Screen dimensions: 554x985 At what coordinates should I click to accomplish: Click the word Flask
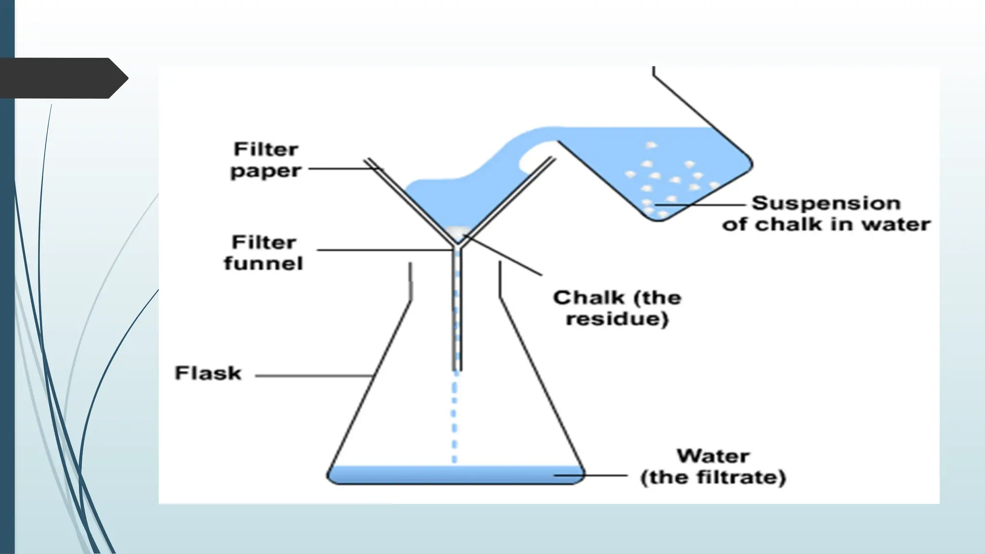208,373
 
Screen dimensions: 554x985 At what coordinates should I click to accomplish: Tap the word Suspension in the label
826,203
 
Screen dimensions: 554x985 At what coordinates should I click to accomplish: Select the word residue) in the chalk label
617,319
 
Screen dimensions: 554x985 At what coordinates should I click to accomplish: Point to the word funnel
264,264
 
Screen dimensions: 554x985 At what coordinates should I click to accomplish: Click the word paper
265,171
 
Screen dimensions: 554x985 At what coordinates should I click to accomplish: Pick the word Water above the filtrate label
713,456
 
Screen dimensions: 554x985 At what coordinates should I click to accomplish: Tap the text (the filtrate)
713,478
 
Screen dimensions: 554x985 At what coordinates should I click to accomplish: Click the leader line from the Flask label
313,376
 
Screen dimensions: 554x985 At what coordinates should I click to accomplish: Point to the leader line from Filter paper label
341,169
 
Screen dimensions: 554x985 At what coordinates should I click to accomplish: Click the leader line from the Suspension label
702,205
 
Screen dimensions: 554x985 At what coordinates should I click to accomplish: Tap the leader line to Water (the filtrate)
592,476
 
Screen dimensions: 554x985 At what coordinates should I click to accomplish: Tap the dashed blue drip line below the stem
455,418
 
